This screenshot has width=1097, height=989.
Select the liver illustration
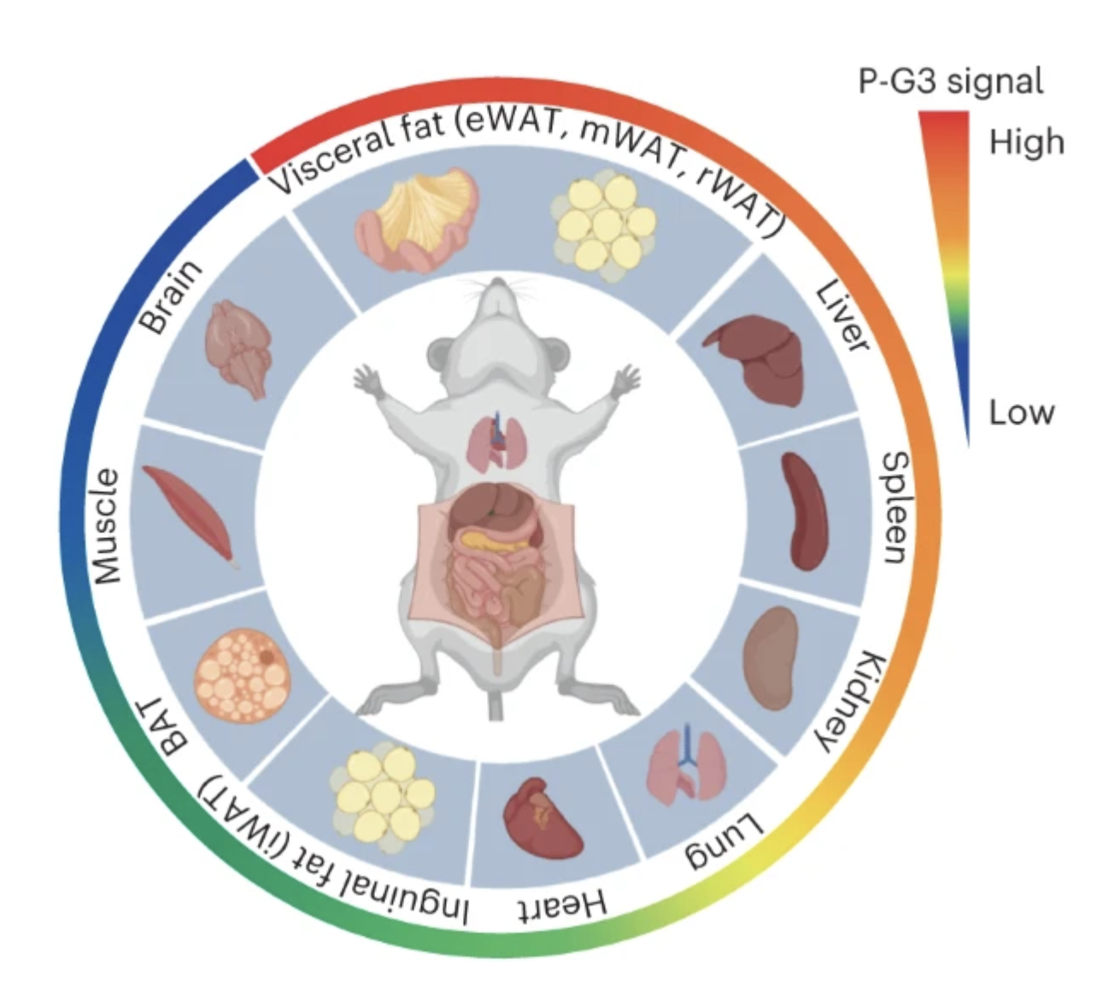pos(757,357)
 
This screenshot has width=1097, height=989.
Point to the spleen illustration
pos(804,510)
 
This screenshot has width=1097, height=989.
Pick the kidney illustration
pos(771,658)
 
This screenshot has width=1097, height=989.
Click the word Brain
pos(171,297)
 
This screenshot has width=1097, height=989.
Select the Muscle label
pos(106,526)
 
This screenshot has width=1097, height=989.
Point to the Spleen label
pos(895,507)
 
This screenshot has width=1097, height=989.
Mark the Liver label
pos(842,316)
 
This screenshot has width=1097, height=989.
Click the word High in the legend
pos(1026,141)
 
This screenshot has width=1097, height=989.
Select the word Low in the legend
pos(1022,413)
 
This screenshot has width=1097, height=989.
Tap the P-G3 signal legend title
pos(950,81)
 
